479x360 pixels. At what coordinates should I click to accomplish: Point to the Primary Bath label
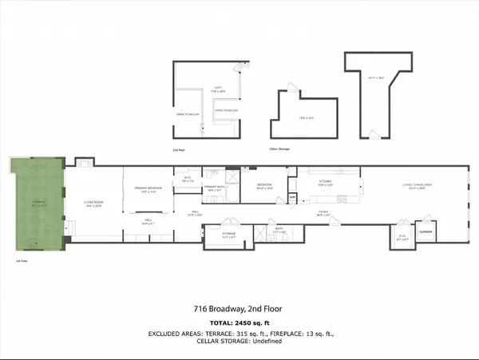pyautogui.click(x=214, y=190)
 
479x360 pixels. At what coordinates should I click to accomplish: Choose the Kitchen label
pyautogui.click(x=327, y=184)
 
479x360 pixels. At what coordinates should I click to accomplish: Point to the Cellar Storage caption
pyautogui.click(x=280, y=148)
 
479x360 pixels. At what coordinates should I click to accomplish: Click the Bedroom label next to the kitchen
pyautogui.click(x=265, y=184)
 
